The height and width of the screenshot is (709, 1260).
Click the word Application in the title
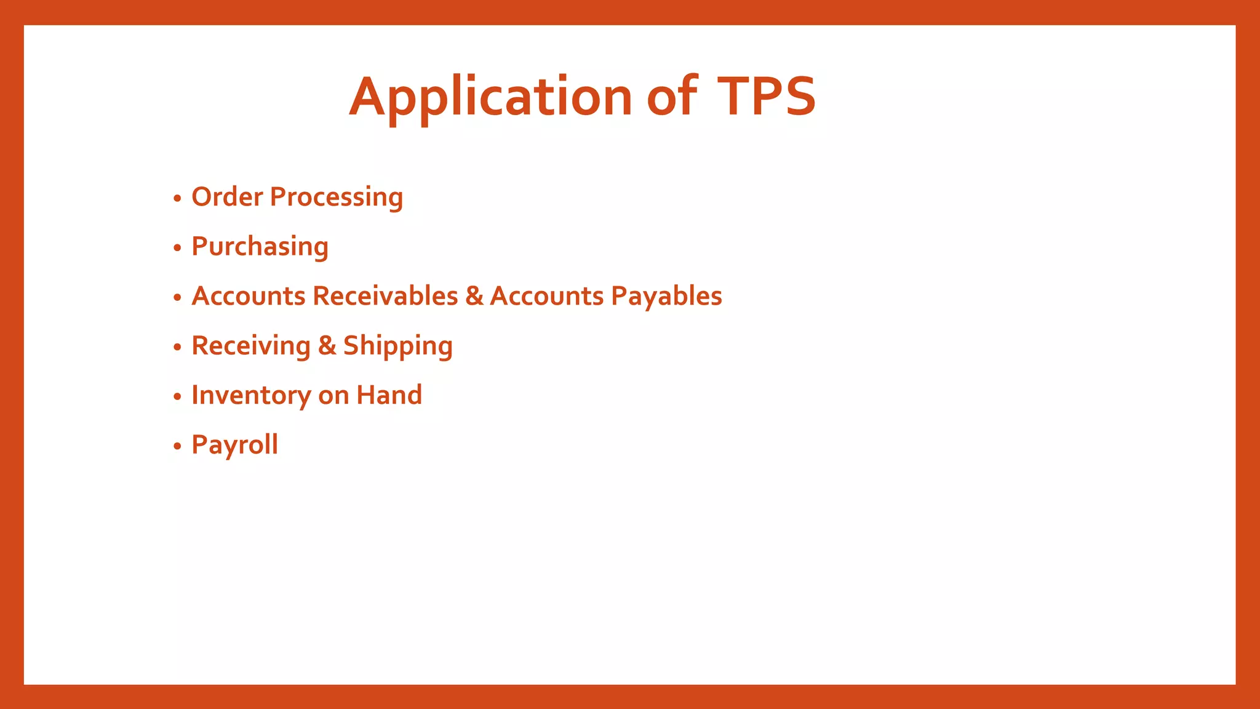(x=490, y=97)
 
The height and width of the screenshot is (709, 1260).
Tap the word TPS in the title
(x=767, y=96)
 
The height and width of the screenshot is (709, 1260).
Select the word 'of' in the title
(x=672, y=96)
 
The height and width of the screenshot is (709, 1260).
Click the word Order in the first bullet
(x=227, y=197)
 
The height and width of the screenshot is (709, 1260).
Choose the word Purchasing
(x=260, y=247)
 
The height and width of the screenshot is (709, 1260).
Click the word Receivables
(x=385, y=296)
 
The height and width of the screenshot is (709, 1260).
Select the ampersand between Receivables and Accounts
(x=474, y=296)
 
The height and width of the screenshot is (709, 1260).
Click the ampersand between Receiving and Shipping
(x=327, y=346)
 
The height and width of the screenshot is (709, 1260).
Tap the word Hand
(x=389, y=395)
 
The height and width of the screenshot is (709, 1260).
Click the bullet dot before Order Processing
(x=177, y=199)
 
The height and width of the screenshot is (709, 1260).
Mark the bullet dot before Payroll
(x=177, y=446)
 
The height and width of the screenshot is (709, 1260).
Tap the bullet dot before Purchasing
(x=177, y=248)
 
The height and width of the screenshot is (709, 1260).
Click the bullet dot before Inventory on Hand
(x=177, y=397)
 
